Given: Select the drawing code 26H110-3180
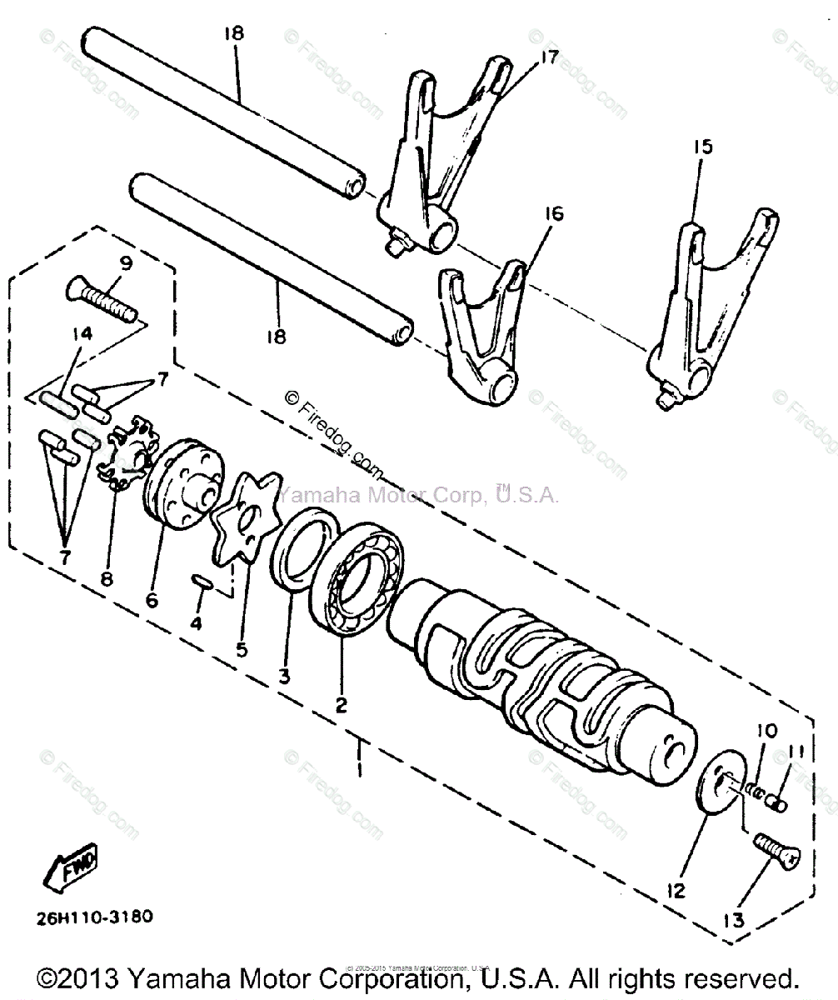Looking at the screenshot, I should (x=94, y=917).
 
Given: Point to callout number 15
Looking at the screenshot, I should (x=703, y=147).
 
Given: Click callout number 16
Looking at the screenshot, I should (x=553, y=214).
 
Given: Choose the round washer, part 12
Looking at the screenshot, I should (x=716, y=788).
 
